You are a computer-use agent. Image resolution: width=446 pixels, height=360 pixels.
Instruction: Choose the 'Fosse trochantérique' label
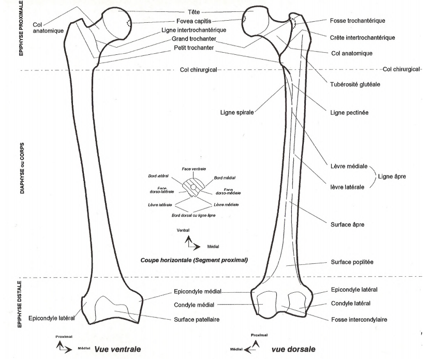[358, 21]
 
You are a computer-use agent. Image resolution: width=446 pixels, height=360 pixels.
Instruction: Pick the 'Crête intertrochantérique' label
[362, 38]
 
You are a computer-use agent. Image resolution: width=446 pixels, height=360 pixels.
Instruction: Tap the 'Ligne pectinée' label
[349, 112]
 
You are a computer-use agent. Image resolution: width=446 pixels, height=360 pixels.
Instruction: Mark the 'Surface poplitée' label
[352, 262]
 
